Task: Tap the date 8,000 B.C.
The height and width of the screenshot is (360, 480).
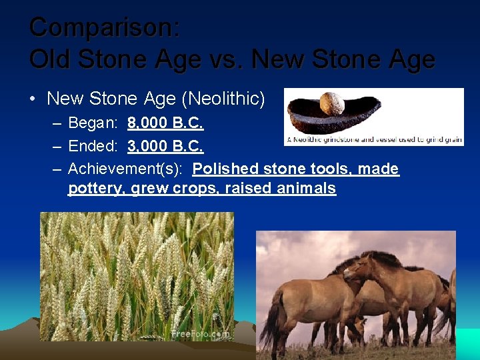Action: tap(165, 123)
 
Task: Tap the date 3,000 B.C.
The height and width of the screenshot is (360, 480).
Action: tap(165, 146)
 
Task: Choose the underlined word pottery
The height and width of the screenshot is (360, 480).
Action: tap(97, 188)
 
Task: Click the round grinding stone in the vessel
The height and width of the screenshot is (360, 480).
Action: tap(331, 104)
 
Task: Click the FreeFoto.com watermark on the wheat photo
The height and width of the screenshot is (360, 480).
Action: tap(200, 333)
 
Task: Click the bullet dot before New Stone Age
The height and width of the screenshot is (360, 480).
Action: tap(33, 100)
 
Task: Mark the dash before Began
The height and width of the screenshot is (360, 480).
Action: tap(57, 124)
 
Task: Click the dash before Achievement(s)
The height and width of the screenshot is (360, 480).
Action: tap(57, 169)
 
